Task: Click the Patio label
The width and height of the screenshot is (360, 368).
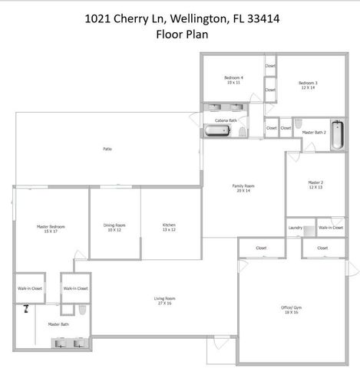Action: pos(107,149)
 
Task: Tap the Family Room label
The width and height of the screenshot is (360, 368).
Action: pos(243,188)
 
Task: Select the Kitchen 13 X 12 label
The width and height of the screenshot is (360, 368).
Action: pos(169,228)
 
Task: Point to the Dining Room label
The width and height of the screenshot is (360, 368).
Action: pos(114,228)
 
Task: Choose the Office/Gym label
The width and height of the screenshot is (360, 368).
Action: pos(292,310)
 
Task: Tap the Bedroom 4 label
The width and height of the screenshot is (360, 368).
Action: pos(233,80)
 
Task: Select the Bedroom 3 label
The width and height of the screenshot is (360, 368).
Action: pos(309,84)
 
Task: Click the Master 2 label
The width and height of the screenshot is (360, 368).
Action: pos(315,185)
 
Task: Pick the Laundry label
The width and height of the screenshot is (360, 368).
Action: pos(295,228)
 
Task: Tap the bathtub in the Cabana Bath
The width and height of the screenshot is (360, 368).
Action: pos(216,131)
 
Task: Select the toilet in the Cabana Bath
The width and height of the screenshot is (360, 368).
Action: pos(241,133)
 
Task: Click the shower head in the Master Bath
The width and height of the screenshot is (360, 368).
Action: pos(26,310)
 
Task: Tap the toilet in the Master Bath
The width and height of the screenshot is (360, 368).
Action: pos(81,310)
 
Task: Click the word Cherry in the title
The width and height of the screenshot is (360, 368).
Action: pos(145,18)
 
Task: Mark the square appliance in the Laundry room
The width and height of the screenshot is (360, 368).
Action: pos(309,230)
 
